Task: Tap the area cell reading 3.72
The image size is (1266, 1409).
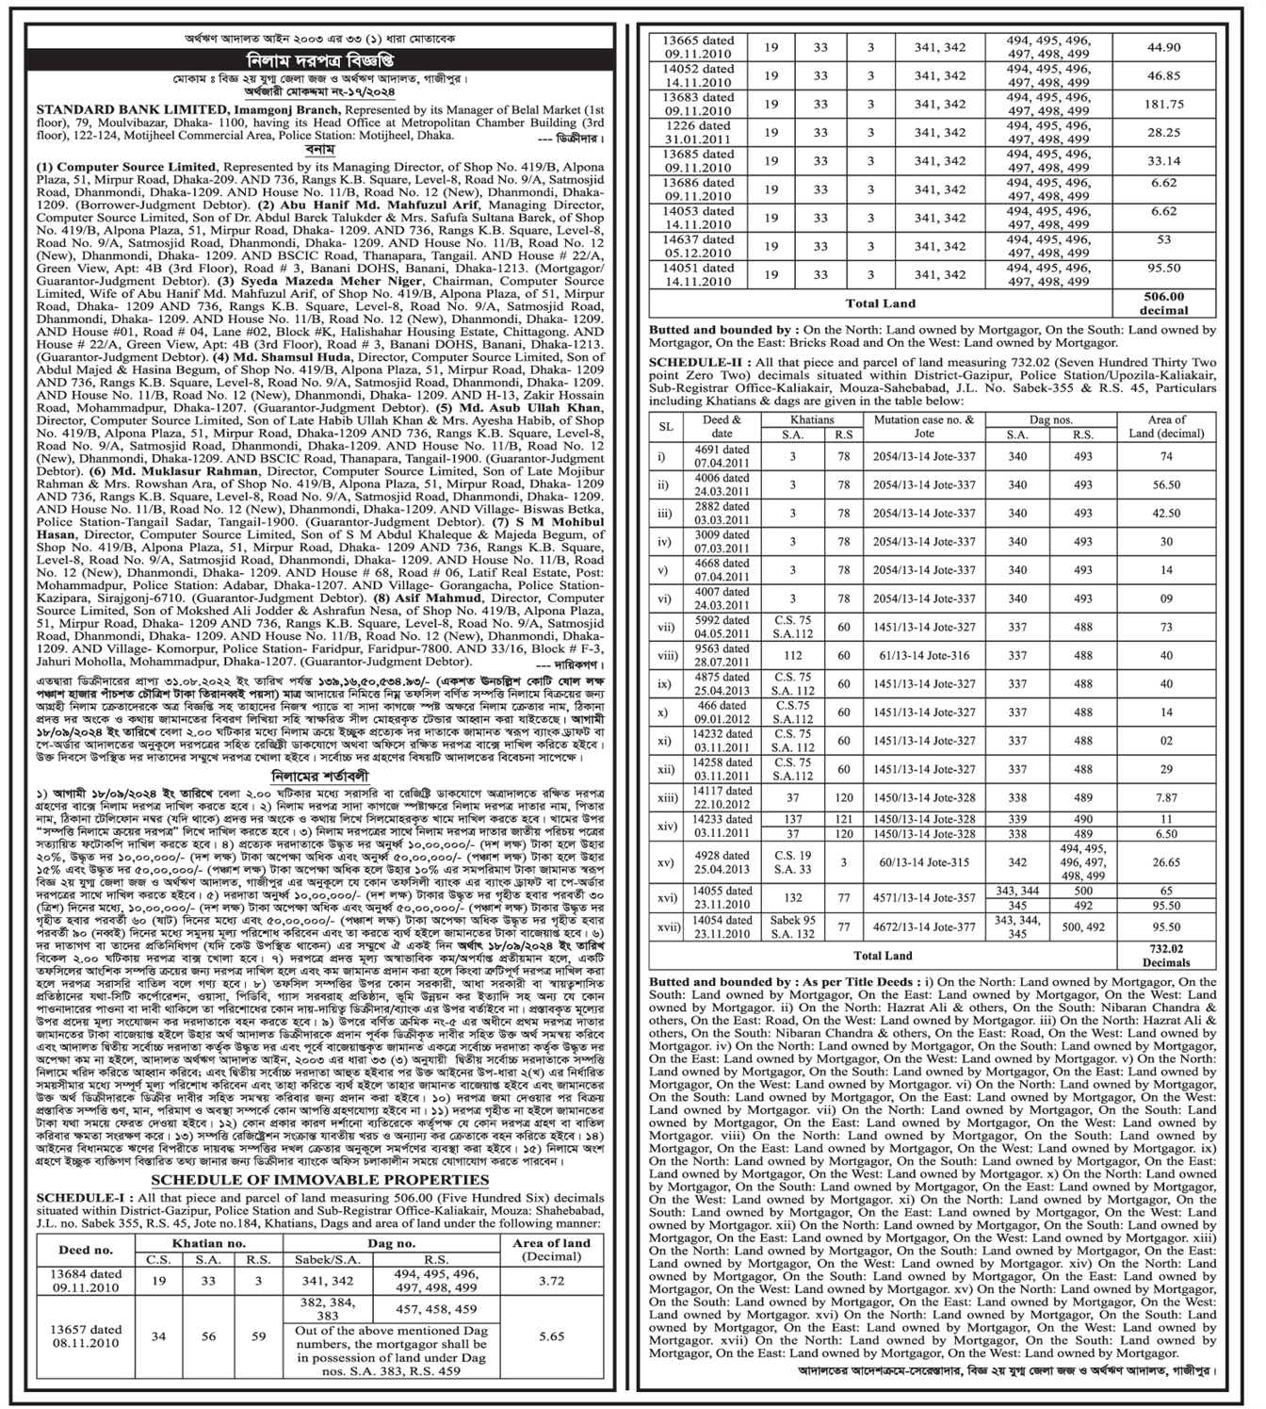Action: [551, 1280]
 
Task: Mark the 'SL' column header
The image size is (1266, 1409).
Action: [666, 426]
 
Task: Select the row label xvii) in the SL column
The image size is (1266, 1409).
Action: [667, 926]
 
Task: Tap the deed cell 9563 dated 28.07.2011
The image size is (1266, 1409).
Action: [736, 656]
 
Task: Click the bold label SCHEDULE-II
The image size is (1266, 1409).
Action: [690, 363]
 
